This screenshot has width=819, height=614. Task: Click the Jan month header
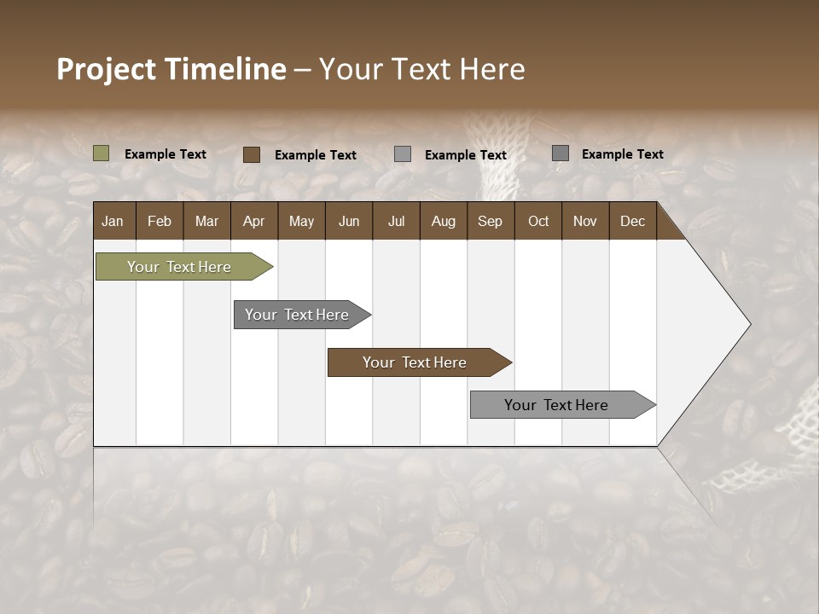pyautogui.click(x=113, y=221)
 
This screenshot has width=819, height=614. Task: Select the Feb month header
pyautogui.click(x=160, y=221)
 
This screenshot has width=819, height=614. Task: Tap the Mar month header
pyautogui.click(x=206, y=221)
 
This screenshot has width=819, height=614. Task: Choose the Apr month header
pyautogui.click(x=254, y=221)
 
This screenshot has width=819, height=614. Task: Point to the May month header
pyautogui.click(x=301, y=221)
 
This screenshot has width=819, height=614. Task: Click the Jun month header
pyautogui.click(x=349, y=221)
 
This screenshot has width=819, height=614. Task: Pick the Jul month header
pyautogui.click(x=396, y=221)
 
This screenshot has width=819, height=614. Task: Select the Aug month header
pyautogui.click(x=444, y=221)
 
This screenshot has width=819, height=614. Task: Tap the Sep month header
pyautogui.click(x=491, y=221)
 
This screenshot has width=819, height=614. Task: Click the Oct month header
pyautogui.click(x=538, y=221)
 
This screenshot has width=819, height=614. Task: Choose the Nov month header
pyautogui.click(x=585, y=221)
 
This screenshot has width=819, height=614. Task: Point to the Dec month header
pyautogui.click(x=632, y=221)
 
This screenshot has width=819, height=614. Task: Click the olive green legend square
pyautogui.click(x=102, y=153)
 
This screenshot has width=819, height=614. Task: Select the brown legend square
pyautogui.click(x=252, y=154)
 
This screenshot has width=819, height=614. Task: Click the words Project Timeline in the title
pyautogui.click(x=171, y=69)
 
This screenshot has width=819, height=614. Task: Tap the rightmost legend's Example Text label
pyautogui.click(x=622, y=154)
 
